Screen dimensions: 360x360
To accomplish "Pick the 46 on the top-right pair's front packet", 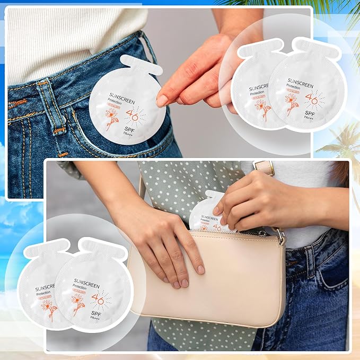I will [x=311, y=98].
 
